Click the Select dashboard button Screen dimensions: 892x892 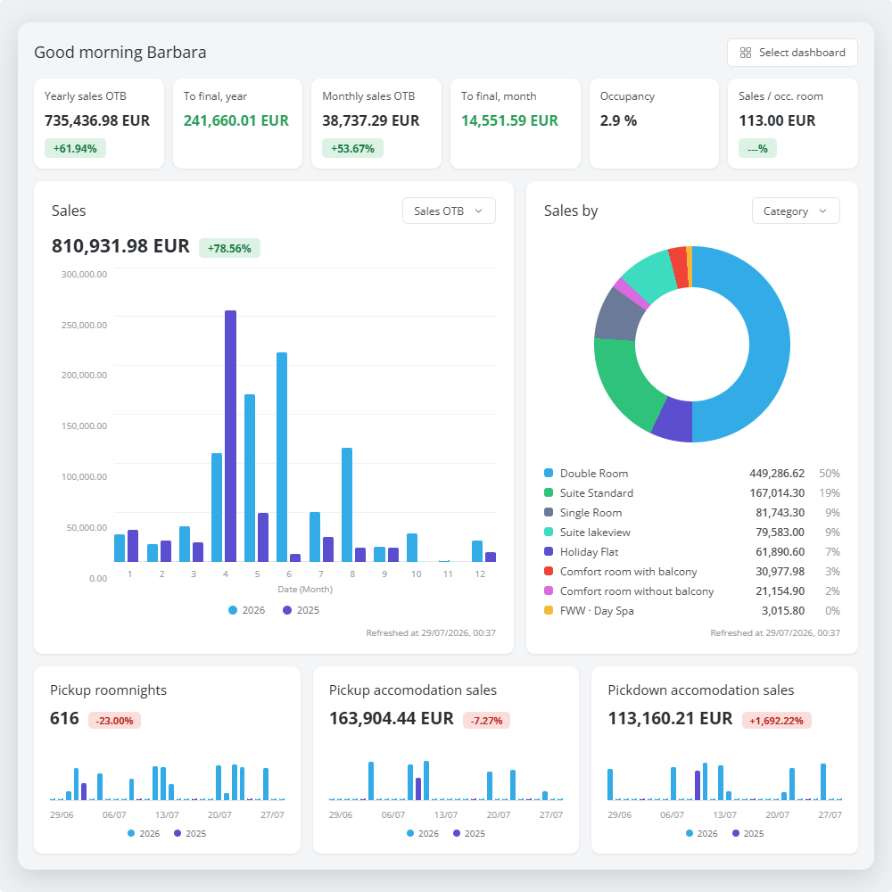pyautogui.click(x=792, y=53)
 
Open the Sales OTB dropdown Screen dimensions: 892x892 pyautogui.click(x=449, y=211)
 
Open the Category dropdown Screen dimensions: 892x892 pyautogui.click(x=796, y=211)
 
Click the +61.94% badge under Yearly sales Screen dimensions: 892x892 pyautogui.click(x=75, y=148)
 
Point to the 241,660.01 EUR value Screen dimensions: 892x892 pyautogui.click(x=236, y=120)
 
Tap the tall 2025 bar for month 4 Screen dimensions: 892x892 pyautogui.click(x=230, y=436)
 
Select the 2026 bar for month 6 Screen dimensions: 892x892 pyautogui.click(x=282, y=457)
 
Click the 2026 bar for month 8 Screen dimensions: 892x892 pyautogui.click(x=346, y=505)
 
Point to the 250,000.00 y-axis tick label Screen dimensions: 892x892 pyautogui.click(x=84, y=325)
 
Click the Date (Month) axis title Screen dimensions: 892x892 pyautogui.click(x=305, y=590)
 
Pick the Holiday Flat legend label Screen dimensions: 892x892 pyautogui.click(x=589, y=552)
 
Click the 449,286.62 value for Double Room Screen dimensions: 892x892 pyautogui.click(x=777, y=474)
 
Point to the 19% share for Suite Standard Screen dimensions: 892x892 pyautogui.click(x=830, y=492)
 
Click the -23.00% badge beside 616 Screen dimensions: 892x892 pyautogui.click(x=114, y=721)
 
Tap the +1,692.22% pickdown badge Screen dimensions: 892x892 pyautogui.click(x=777, y=721)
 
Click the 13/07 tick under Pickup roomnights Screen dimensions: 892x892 pyautogui.click(x=167, y=814)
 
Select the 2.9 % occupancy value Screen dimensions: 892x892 pyautogui.click(x=618, y=120)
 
